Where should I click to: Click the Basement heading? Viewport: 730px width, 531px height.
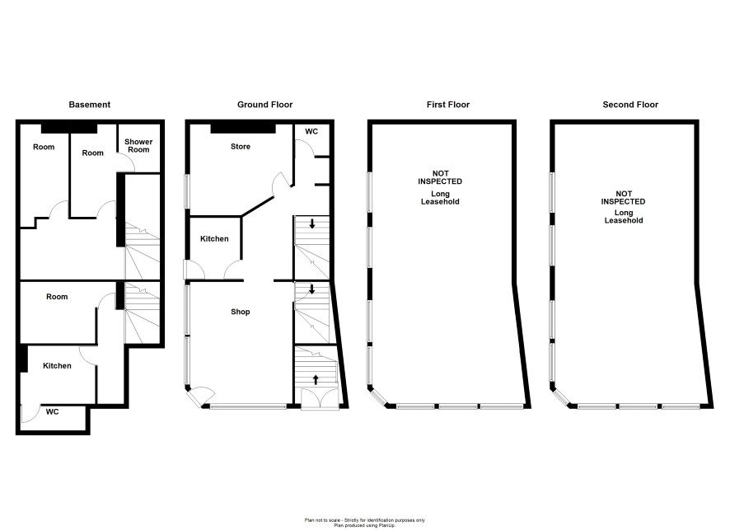point(89,105)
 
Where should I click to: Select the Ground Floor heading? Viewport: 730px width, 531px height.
point(265,105)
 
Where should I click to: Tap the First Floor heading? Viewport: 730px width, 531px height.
point(448,105)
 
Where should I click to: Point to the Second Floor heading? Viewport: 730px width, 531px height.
point(630,105)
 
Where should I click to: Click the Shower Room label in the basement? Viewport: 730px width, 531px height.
point(138,146)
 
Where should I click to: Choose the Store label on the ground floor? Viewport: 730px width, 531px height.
point(241,147)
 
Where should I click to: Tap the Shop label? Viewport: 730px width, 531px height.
point(241,312)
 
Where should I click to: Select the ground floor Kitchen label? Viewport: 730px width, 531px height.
point(214,239)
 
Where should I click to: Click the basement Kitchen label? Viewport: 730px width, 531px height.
point(57,366)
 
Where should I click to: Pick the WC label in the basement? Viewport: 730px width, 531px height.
point(52,412)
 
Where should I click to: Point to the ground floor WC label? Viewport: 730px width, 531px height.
point(311,132)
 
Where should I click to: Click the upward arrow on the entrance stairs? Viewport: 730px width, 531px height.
point(316,379)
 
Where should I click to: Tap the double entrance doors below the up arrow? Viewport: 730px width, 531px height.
point(320,399)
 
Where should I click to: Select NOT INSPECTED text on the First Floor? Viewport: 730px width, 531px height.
point(440,177)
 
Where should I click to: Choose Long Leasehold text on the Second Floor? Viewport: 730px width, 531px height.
point(624,217)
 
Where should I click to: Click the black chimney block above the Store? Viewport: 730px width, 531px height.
point(243,128)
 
